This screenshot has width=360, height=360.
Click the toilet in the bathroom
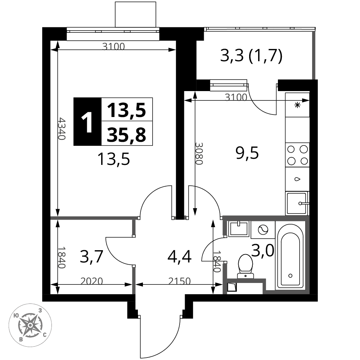click(246, 266)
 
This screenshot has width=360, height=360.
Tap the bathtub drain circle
click(291, 275)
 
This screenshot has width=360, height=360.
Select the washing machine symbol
click(263, 229)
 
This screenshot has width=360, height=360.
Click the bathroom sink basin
click(239, 229)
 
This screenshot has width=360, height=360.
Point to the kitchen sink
click(297, 203)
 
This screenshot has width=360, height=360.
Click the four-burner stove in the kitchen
click(297, 155)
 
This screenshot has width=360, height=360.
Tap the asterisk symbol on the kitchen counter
click(298, 105)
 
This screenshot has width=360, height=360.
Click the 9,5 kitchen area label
click(247, 153)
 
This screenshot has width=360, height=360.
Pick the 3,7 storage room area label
click(91, 257)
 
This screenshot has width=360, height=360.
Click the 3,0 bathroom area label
click(263, 250)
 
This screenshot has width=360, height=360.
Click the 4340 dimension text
click(62, 129)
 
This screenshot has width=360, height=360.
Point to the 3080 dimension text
click(199, 153)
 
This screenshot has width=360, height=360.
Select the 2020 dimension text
click(91, 281)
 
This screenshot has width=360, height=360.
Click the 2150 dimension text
click(180, 281)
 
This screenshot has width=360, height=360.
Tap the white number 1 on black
click(87, 122)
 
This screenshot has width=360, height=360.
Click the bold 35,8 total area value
click(126, 135)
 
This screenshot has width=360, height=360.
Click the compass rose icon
click(30, 325)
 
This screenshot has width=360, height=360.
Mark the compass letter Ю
click(16, 315)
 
